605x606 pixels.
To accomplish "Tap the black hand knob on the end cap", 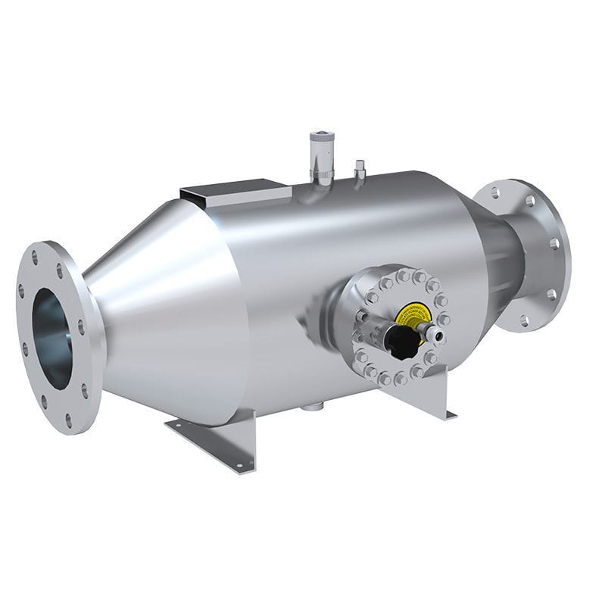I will (399, 342).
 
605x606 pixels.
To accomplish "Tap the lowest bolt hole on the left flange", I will (69, 420).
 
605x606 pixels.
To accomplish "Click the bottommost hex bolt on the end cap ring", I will (398, 378).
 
